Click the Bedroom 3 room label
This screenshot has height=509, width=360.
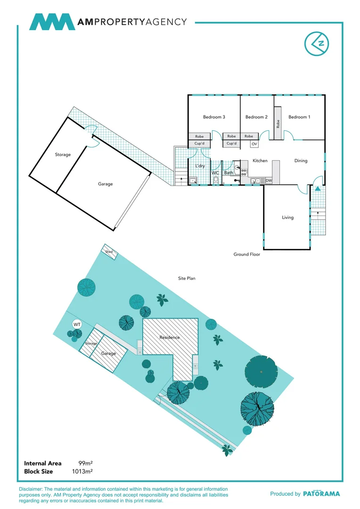click(x=214, y=117)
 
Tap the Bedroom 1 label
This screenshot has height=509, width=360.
click(x=299, y=117)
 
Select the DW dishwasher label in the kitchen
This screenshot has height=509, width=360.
click(x=269, y=181)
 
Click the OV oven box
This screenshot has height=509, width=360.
click(x=254, y=144)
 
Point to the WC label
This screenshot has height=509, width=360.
click(x=215, y=173)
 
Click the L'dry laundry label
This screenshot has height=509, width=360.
click(x=200, y=166)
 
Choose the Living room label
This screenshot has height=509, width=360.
click(x=287, y=217)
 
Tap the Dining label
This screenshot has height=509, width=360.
click(x=301, y=161)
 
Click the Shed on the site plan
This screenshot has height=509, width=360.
click(x=109, y=252)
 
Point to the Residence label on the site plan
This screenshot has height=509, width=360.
click(x=170, y=337)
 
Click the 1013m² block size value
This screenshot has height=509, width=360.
click(x=82, y=471)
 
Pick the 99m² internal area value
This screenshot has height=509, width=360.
click(x=85, y=463)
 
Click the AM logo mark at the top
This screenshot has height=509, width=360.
click(x=52, y=22)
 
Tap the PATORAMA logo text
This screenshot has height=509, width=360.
click(x=321, y=493)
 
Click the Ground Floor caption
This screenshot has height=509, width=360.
click(x=247, y=254)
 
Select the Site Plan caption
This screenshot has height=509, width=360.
click(x=187, y=279)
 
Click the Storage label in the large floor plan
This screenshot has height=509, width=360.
click(x=63, y=155)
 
